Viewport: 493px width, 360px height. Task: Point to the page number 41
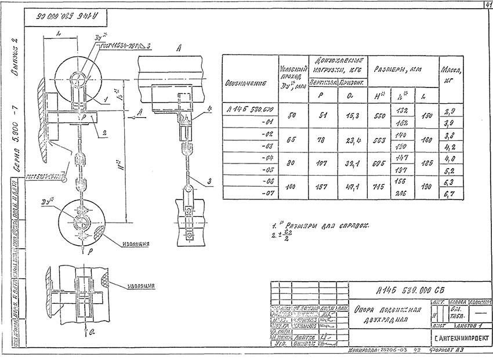coord(486,5)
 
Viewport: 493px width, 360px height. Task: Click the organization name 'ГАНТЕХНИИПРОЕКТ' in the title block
coord(461,337)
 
